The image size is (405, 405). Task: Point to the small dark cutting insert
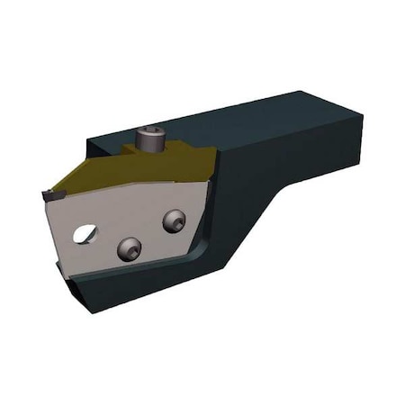pos(49,194)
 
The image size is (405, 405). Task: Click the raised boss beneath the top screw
pos(148,150)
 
